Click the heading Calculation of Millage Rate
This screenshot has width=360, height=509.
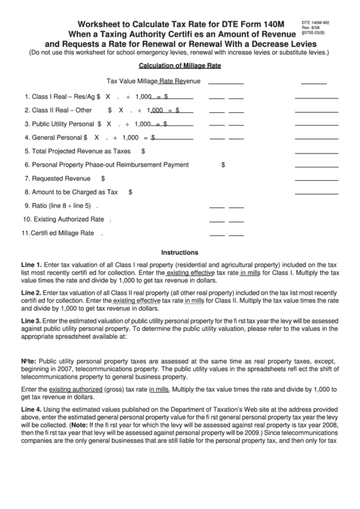180,66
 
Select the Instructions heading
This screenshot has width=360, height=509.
180,251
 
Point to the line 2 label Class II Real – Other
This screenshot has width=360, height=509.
58,109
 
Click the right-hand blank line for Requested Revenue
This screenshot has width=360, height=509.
312,181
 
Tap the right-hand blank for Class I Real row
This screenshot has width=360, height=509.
312,99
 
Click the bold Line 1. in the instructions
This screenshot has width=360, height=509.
32,262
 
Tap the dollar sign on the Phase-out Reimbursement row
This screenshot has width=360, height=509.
223,164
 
